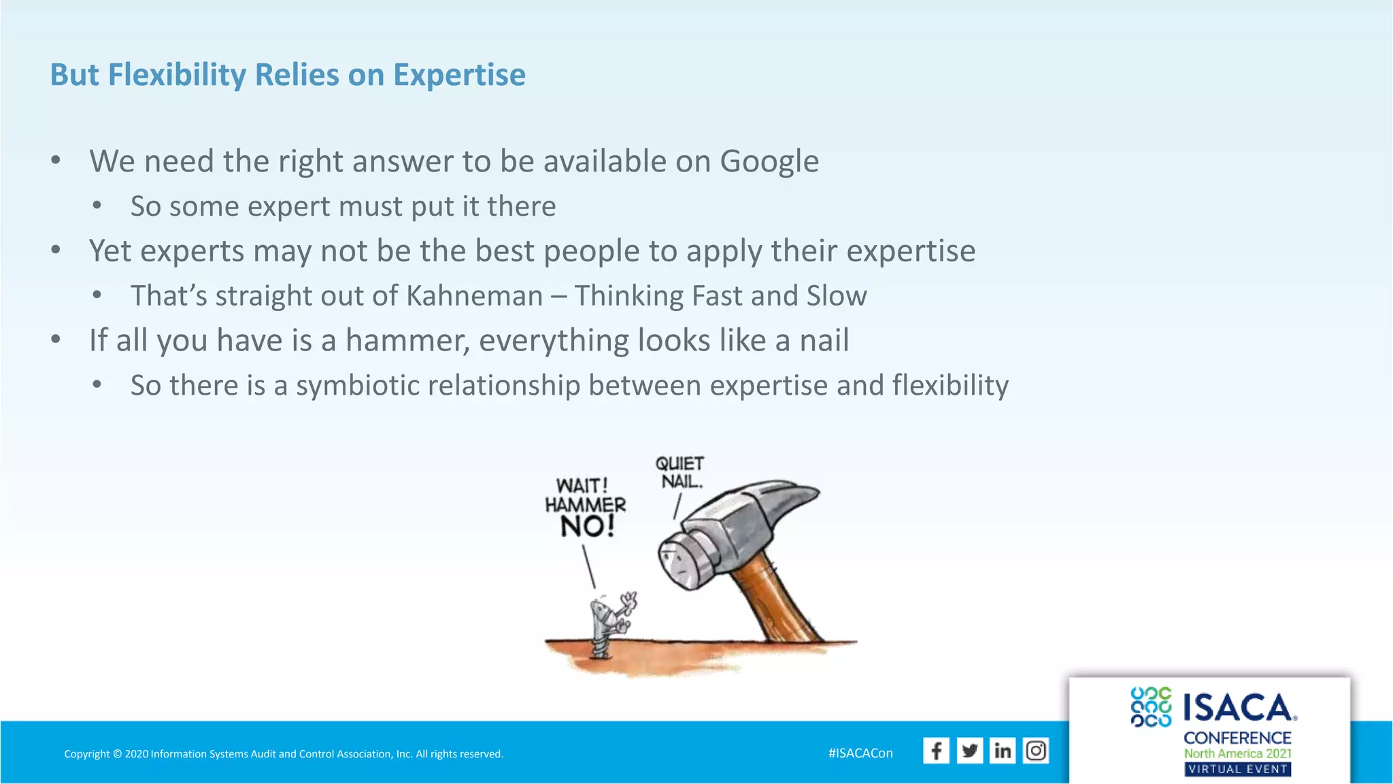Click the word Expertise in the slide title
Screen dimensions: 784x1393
[x=459, y=75]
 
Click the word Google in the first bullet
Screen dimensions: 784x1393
[x=769, y=162]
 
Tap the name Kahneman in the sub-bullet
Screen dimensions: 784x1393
[x=474, y=296]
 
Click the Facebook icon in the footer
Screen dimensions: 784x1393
[x=936, y=751]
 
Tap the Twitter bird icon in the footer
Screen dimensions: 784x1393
[x=969, y=751]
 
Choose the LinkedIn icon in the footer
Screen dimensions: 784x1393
[x=1002, y=751]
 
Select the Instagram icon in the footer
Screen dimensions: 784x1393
[x=1035, y=751]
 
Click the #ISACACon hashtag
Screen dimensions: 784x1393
[x=860, y=753]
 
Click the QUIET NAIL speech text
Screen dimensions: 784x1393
[x=679, y=472]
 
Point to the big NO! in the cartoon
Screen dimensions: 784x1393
[x=587, y=526]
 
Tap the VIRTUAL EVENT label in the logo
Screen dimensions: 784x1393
[x=1237, y=769]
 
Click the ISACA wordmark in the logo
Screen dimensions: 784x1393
[x=1239, y=708]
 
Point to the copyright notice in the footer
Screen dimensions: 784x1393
[x=284, y=754]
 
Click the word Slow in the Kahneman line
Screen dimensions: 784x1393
[x=836, y=296]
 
